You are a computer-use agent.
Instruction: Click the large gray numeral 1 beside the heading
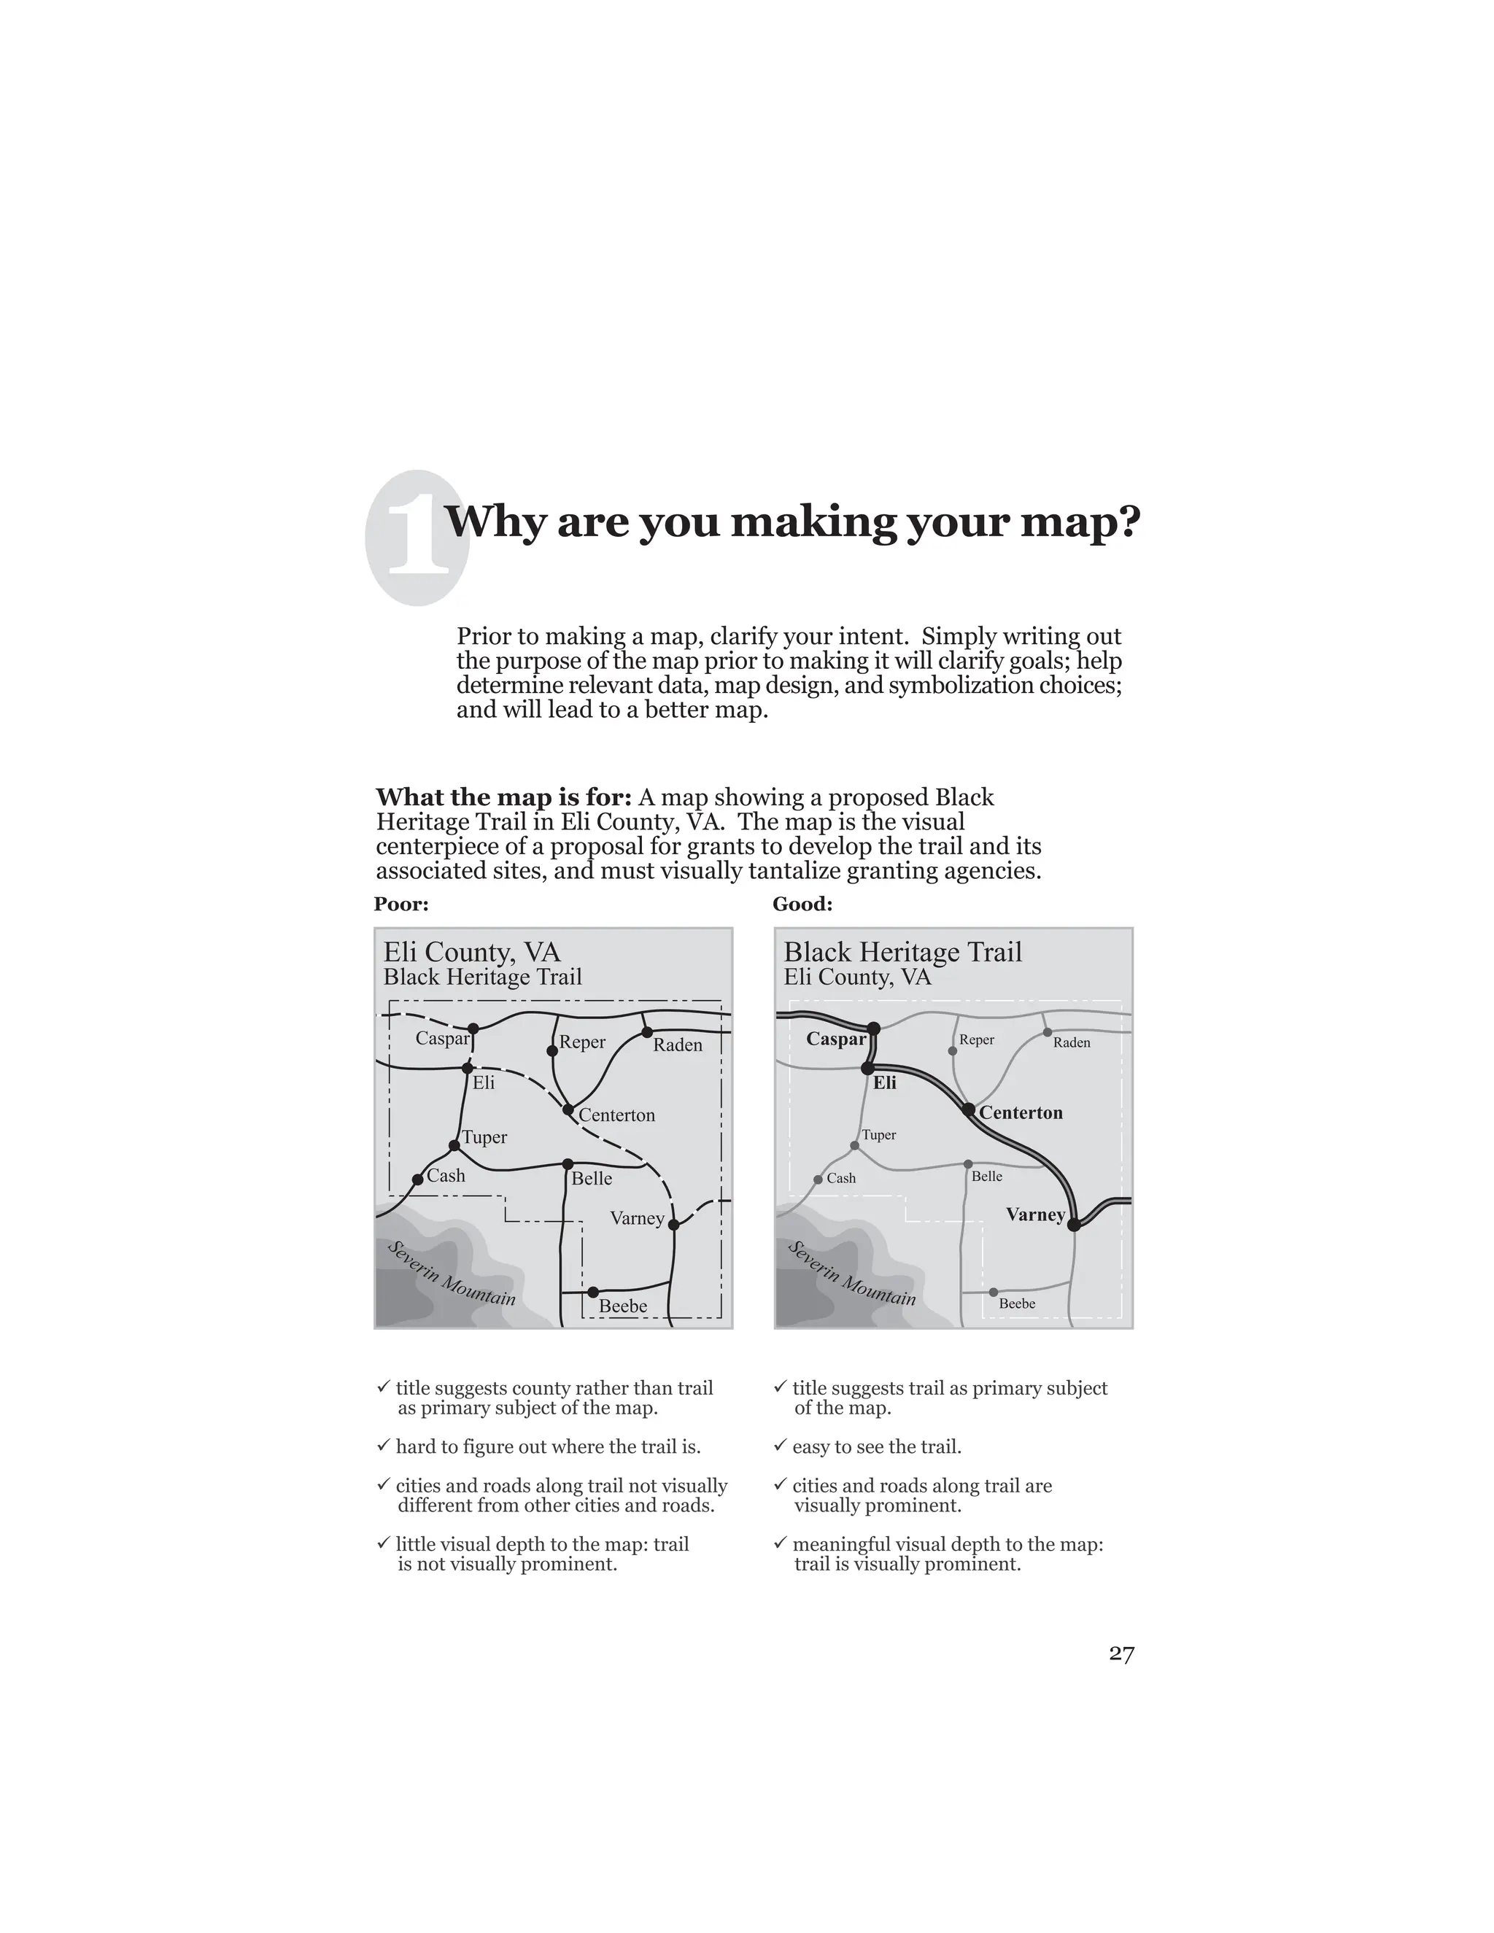pos(417,538)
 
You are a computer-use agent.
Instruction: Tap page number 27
pos(1120,1654)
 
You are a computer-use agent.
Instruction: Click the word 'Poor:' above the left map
pos(401,904)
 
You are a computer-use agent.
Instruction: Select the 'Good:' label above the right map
pos(802,904)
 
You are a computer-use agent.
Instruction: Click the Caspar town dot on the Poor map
pos(473,1029)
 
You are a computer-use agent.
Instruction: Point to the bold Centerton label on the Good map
pos(1021,1112)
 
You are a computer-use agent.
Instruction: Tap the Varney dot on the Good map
pos(1074,1225)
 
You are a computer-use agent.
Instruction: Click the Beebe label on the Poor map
pos(623,1306)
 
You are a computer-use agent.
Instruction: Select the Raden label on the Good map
pos(1071,1042)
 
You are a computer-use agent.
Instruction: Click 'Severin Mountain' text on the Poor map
pos(452,1274)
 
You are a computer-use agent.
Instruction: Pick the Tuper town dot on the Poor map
pos(454,1145)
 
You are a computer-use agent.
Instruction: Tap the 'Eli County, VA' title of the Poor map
pos(472,953)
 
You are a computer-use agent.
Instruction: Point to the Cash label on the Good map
pos(841,1178)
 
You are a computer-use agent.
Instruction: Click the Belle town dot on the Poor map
pos(568,1164)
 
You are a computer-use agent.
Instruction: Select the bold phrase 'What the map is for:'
pos(503,797)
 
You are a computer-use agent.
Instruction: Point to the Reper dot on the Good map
pos(952,1050)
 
